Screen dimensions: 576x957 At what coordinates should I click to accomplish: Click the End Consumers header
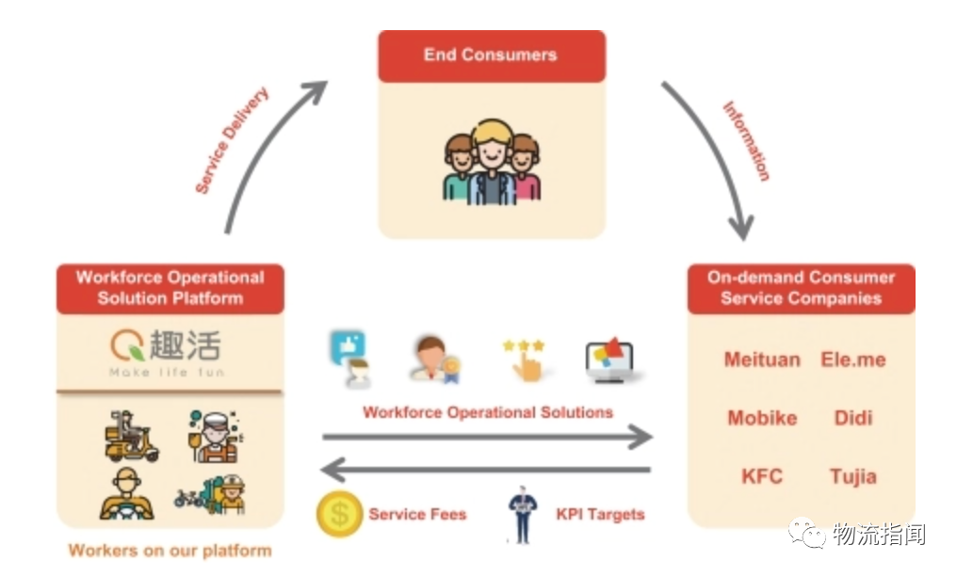pyautogui.click(x=491, y=56)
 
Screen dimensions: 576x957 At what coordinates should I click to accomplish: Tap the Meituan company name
pyautogui.click(x=762, y=360)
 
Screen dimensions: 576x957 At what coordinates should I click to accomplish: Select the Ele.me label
pyautogui.click(x=853, y=360)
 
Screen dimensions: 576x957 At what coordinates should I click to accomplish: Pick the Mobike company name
pyautogui.click(x=762, y=418)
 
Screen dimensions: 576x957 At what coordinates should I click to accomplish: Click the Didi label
pyautogui.click(x=853, y=418)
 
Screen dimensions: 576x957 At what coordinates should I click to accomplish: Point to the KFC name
pyautogui.click(x=762, y=475)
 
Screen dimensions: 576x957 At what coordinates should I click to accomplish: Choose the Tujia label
pyautogui.click(x=853, y=475)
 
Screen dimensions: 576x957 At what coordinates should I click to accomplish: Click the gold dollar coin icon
pyautogui.click(x=339, y=514)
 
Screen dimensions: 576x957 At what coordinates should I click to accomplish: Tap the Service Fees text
pyautogui.click(x=417, y=515)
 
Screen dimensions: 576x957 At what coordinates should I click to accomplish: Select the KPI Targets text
pyautogui.click(x=600, y=515)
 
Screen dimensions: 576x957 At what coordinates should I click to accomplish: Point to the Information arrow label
pyautogui.click(x=746, y=141)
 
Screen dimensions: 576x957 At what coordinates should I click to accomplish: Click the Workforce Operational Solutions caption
pyautogui.click(x=488, y=412)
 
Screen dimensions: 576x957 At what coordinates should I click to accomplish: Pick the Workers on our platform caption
pyautogui.click(x=170, y=551)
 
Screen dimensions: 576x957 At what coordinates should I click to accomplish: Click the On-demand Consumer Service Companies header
pyautogui.click(x=801, y=288)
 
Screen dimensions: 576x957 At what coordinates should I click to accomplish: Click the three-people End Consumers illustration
pyautogui.click(x=491, y=162)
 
